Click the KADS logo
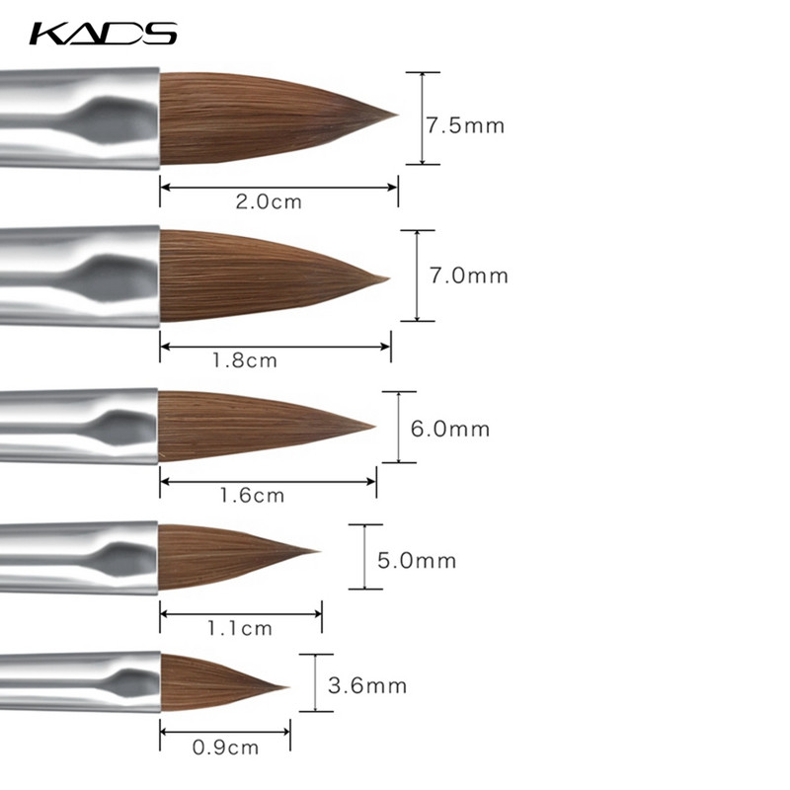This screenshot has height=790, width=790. [104, 34]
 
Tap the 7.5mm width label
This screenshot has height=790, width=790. [465, 126]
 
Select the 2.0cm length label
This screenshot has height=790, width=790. [269, 202]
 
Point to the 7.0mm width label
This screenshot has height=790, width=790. [468, 276]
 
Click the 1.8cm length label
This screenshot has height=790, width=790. [244, 360]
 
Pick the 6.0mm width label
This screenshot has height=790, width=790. [450, 430]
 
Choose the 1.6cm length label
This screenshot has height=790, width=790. [252, 495]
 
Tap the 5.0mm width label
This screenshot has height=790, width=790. [417, 561]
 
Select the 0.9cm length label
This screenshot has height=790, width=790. [225, 748]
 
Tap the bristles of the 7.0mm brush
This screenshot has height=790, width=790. [267, 276]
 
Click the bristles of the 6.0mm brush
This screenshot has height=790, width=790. [257, 425]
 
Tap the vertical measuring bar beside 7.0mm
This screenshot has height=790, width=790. [418, 276]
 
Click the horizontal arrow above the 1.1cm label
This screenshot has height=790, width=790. [240, 613]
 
